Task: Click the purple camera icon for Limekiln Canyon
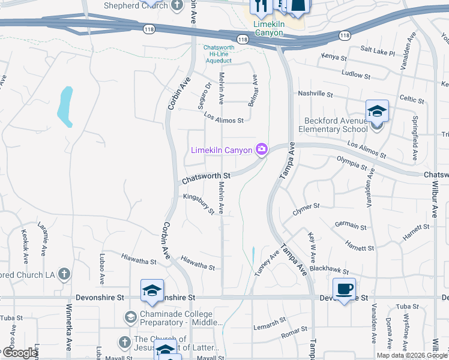(261, 149)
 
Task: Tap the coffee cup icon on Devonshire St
(344, 289)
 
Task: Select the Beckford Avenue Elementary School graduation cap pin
(377, 112)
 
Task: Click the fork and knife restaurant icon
(261, 7)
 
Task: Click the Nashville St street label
(315, 94)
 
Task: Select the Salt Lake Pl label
(378, 53)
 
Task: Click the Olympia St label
(352, 163)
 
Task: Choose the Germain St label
(351, 227)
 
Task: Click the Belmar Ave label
(254, 88)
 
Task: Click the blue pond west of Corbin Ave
(65, 106)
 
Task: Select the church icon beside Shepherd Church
(176, 5)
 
